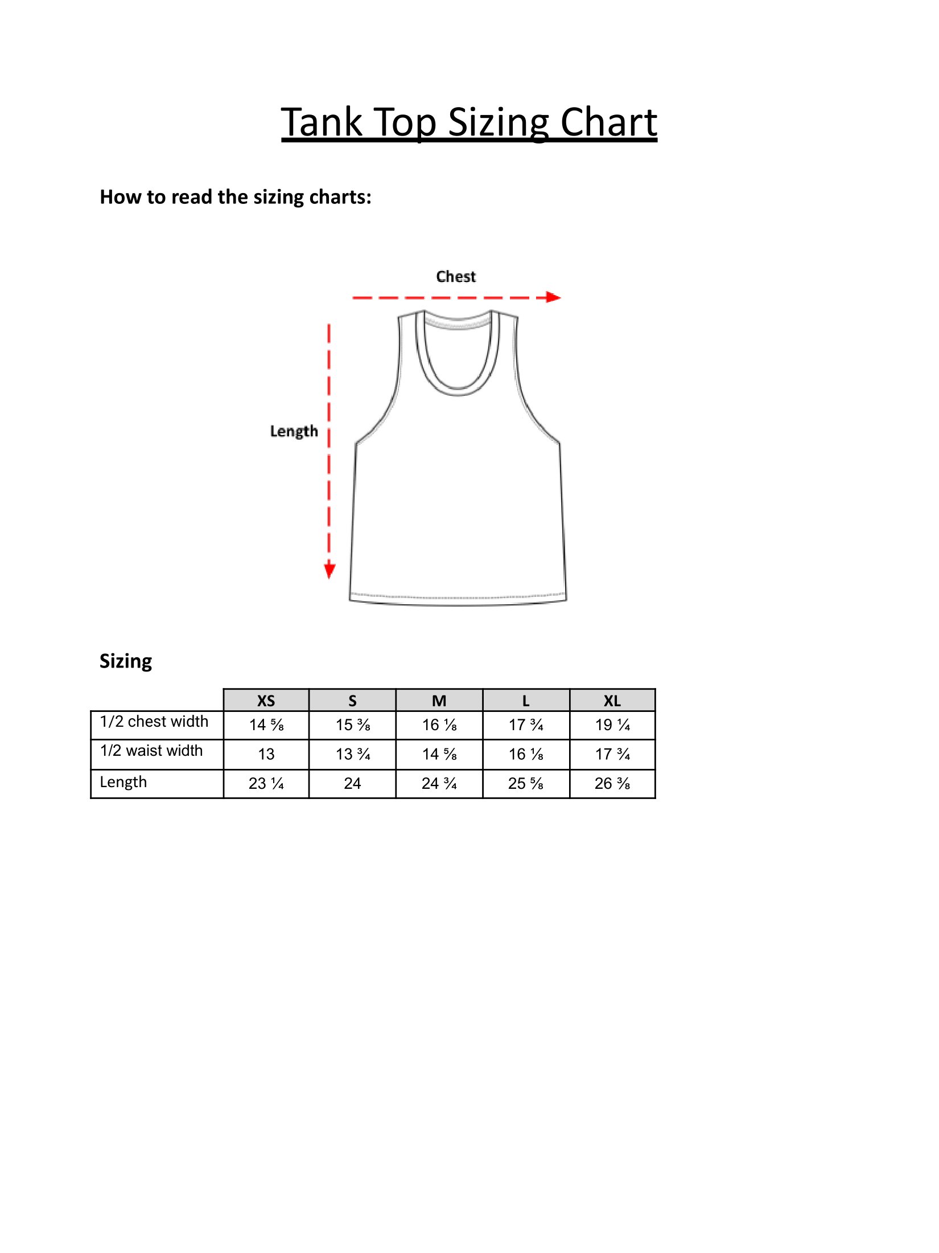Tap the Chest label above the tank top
(x=456, y=277)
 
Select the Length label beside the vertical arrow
(x=294, y=431)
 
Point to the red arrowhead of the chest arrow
(x=553, y=297)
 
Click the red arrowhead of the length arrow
(x=330, y=571)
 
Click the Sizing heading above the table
(x=126, y=661)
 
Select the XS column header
(x=266, y=701)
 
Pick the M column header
(x=439, y=701)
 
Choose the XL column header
(x=612, y=701)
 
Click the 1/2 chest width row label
(x=154, y=722)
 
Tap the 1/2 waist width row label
(x=151, y=751)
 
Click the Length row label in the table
(x=123, y=782)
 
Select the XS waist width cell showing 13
(x=266, y=754)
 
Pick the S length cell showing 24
(x=352, y=784)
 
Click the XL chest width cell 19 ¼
(x=612, y=725)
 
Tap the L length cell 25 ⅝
(x=526, y=784)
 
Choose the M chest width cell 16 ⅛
(x=439, y=725)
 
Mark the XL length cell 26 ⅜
(x=612, y=784)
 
